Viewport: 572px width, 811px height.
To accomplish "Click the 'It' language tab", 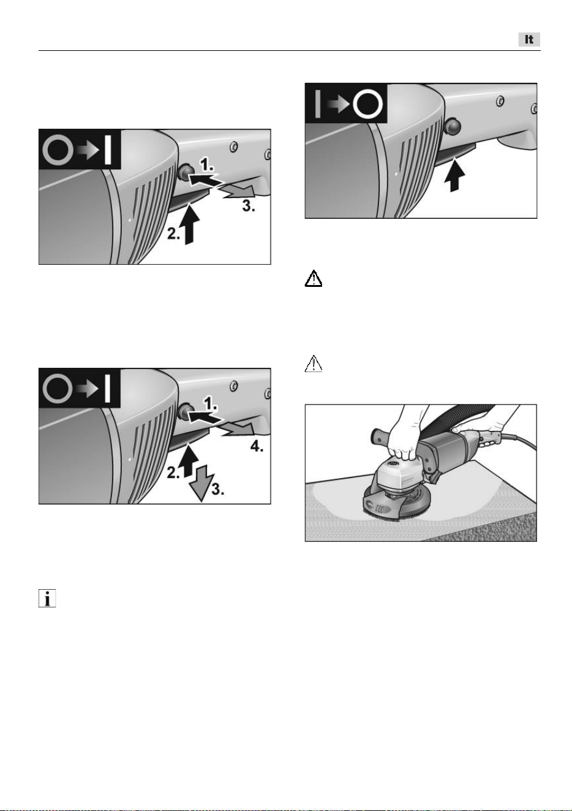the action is pos(529,39).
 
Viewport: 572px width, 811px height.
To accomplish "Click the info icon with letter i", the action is pos(47,598).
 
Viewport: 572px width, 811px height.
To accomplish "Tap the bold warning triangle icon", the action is pos(314,278).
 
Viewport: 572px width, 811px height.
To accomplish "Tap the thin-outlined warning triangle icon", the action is pos(314,364).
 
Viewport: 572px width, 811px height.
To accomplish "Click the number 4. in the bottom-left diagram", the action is pos(257,447).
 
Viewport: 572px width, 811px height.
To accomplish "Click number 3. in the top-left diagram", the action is pos(249,206).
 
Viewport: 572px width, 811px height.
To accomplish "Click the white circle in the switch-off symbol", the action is pos(367,104).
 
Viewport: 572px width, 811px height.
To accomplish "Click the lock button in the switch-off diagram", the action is pos(452,126).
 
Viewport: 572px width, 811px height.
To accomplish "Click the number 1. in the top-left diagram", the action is pos(207,165).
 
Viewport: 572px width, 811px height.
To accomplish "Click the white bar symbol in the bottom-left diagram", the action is pos(107,389).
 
